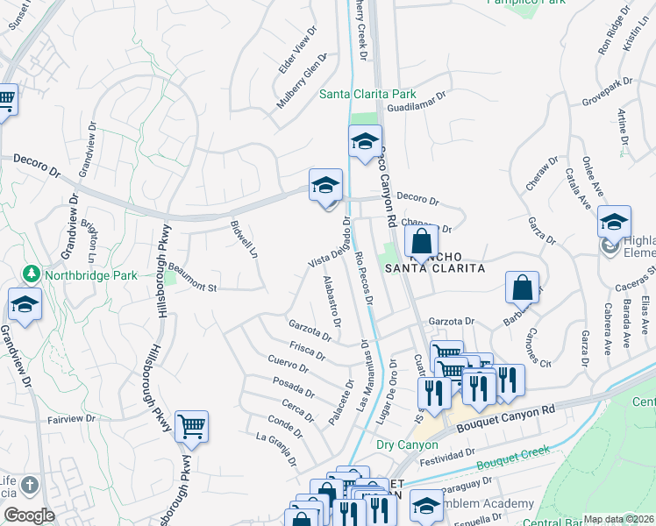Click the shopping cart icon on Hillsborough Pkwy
(191, 428)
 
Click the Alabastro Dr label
(332, 301)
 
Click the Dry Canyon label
(406, 444)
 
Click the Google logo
(29, 515)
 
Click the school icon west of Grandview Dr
(25, 304)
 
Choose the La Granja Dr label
(276, 448)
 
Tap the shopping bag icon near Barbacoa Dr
(523, 286)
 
